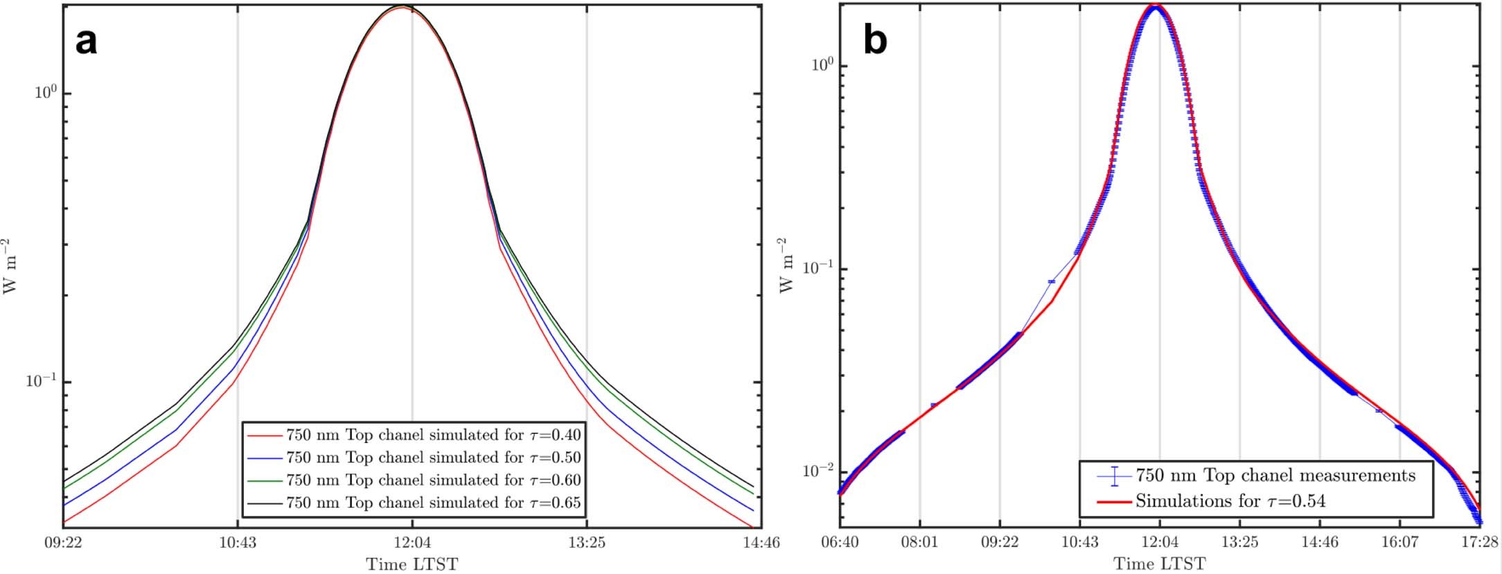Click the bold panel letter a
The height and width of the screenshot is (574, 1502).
(86, 42)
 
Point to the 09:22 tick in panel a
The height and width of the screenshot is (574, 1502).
(63, 543)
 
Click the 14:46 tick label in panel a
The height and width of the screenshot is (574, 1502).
(761, 543)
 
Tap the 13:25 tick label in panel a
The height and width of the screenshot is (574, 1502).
(587, 543)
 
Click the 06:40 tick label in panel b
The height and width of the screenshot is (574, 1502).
(840, 542)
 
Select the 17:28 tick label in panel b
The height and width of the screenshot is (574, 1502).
(1480, 542)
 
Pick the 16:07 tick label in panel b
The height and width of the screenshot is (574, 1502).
(1399, 542)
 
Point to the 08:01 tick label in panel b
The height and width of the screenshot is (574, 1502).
(919, 542)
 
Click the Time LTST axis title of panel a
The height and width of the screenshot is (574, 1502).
(412, 564)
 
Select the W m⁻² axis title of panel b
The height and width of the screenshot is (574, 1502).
(786, 266)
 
